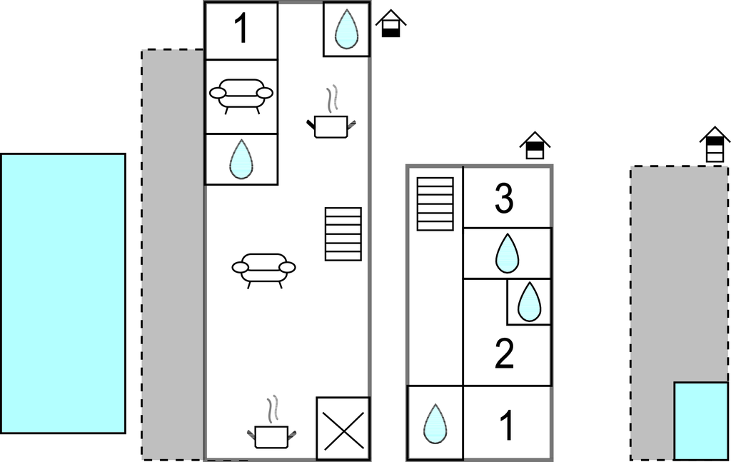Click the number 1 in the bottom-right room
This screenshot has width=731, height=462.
(506, 426)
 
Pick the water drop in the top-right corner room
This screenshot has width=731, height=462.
(346, 29)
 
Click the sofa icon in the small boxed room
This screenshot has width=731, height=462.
(241, 96)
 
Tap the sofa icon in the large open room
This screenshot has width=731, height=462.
(263, 269)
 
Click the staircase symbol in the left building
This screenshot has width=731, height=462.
(343, 233)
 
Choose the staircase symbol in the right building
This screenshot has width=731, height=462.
(435, 204)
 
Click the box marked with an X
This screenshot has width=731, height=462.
(343, 428)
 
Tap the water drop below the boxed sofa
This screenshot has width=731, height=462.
(241, 159)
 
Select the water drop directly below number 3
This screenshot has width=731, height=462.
(507, 253)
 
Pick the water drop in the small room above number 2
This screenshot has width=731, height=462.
(529, 302)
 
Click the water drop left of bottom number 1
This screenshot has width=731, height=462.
(435, 423)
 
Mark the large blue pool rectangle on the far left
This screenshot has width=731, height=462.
(63, 293)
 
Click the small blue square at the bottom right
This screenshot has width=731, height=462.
(700, 421)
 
